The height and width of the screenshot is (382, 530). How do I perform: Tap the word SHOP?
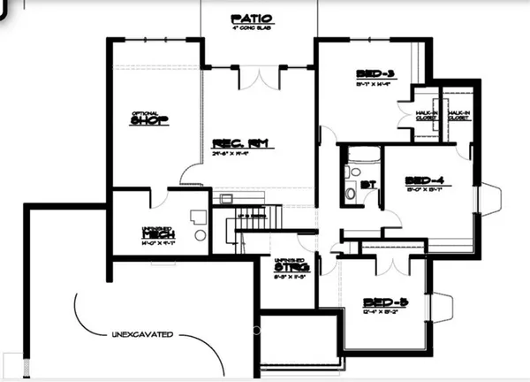click(x=149, y=121)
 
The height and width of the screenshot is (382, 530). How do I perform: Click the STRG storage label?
click(x=286, y=263)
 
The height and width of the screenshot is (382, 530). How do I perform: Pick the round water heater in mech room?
click(x=199, y=236)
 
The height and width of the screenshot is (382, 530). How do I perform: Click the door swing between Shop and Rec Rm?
click(x=191, y=175)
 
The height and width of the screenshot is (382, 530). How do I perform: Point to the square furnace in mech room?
click(x=197, y=214)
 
